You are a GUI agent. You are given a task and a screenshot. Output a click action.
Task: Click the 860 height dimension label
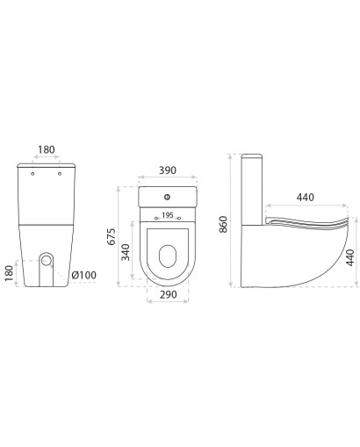point(223,224)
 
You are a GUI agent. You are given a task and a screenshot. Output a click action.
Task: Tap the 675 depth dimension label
point(112,236)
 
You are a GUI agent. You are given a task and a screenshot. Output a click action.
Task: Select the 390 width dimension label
point(168,170)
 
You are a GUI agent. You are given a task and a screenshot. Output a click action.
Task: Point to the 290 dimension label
point(168,294)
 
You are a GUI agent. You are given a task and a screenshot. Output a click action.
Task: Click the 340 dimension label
point(126,252)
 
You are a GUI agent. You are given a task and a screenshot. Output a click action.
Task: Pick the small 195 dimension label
point(168,215)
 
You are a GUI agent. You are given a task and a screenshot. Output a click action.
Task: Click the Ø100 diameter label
point(83,275)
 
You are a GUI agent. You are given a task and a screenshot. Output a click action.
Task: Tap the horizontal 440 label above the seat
point(306,198)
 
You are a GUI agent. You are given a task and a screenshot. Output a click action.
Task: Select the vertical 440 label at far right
point(350,257)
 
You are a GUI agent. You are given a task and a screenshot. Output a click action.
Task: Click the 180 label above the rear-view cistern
point(47,149)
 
